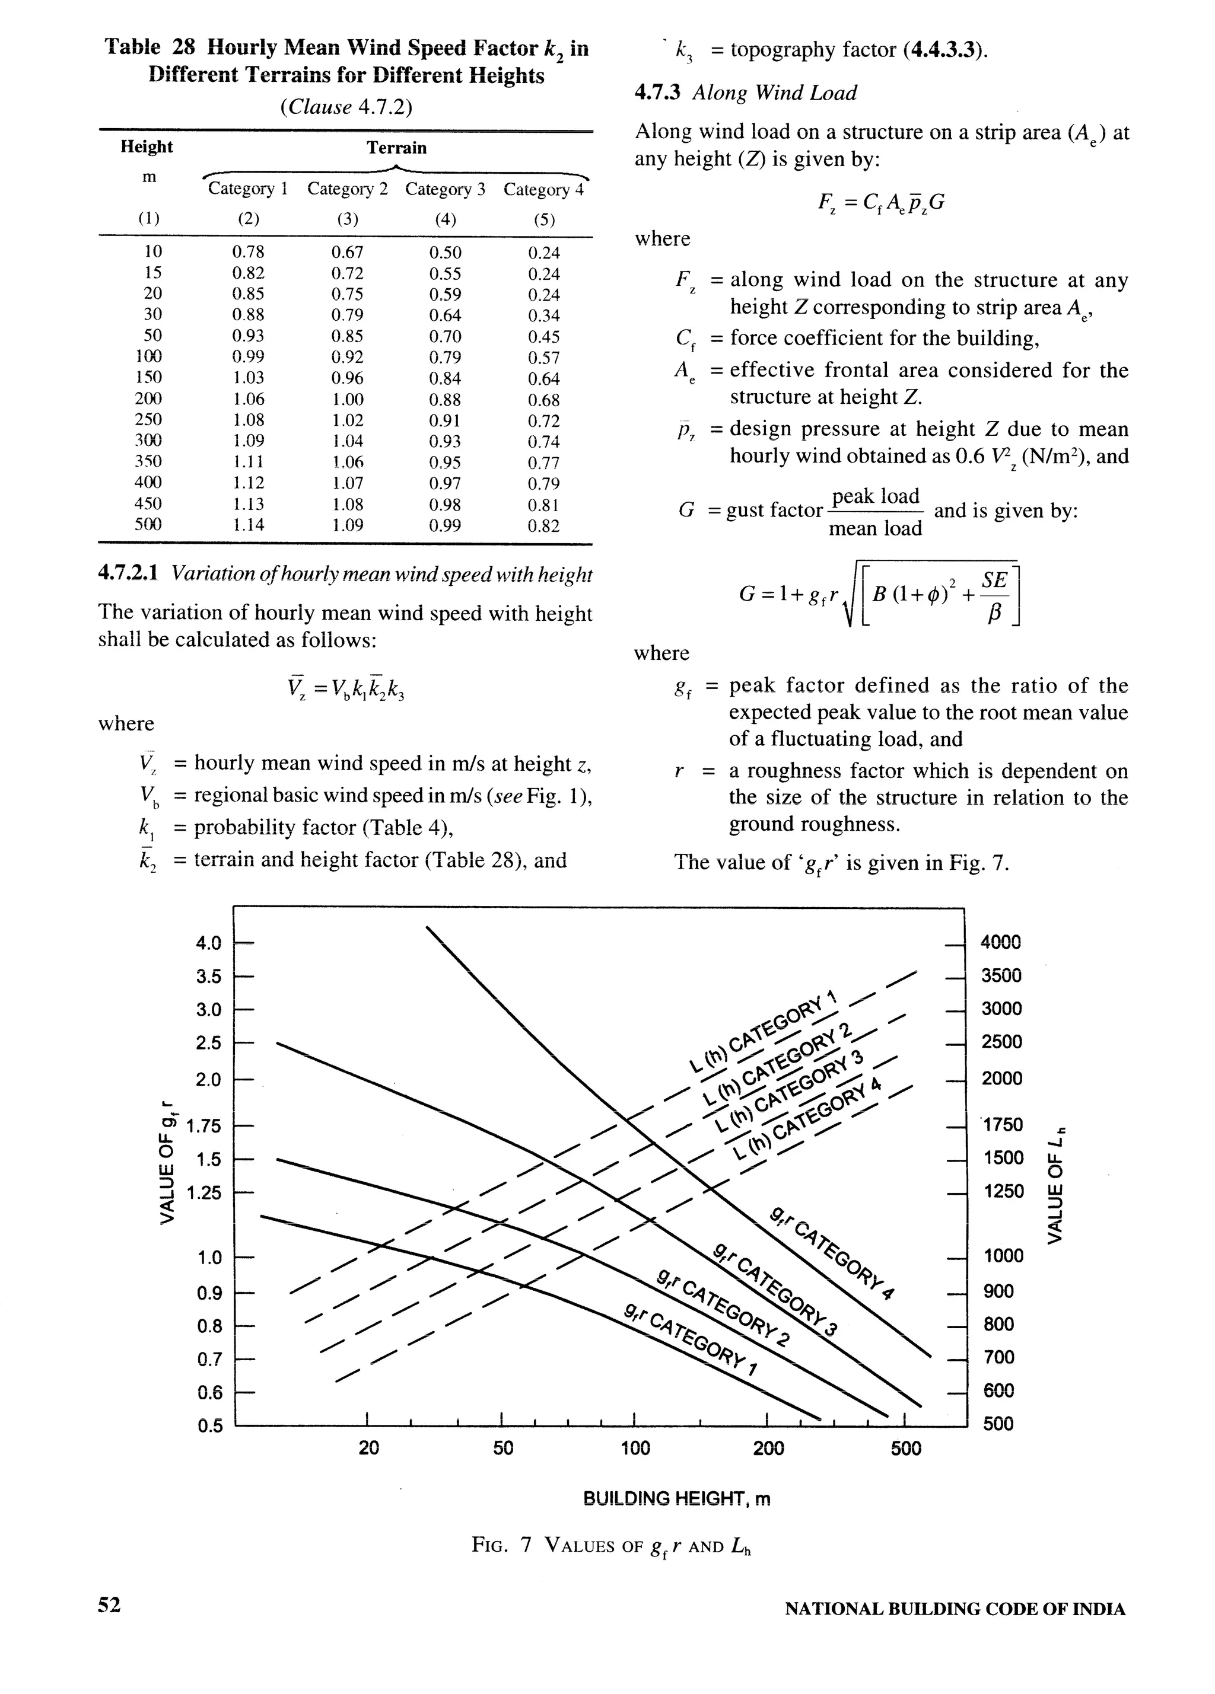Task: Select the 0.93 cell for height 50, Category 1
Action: click(x=248, y=336)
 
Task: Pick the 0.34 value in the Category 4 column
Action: click(x=543, y=315)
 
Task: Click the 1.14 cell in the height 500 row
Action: click(x=248, y=525)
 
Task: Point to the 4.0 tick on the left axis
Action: click(x=208, y=943)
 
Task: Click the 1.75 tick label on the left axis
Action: click(x=204, y=1125)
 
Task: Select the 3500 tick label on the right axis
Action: click(x=1001, y=975)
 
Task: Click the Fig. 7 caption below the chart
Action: click(x=610, y=1545)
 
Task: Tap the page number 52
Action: click(x=109, y=1604)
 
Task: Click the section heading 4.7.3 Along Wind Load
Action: click(x=745, y=92)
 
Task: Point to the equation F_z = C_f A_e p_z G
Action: click(x=882, y=202)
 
